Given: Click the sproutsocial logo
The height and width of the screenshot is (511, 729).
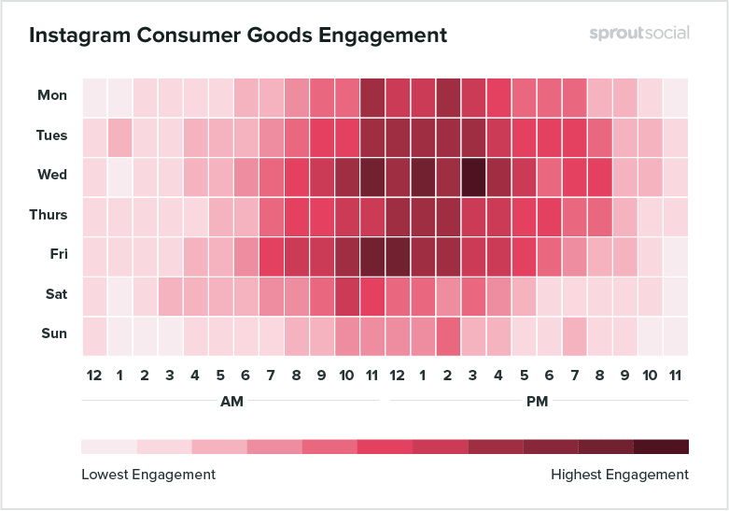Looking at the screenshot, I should point(639,33).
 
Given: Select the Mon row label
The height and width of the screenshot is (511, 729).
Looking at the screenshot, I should point(52,95).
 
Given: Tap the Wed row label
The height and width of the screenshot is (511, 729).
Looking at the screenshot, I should point(52,175).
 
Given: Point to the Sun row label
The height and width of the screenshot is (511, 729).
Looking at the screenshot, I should point(53,334).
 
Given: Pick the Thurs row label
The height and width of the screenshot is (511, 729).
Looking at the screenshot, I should point(49,215).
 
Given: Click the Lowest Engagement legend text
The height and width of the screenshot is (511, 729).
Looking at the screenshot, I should point(148,475).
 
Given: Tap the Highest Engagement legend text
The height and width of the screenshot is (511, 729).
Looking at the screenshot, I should point(620,475).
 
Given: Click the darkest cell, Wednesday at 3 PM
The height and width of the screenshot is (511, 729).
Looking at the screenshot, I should point(473,176).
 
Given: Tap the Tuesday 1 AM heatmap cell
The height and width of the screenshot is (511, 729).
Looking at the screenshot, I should point(119,136).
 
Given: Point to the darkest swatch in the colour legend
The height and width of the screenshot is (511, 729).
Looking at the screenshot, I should point(661,447).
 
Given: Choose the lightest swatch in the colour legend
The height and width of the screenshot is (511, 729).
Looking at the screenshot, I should point(108,447).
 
